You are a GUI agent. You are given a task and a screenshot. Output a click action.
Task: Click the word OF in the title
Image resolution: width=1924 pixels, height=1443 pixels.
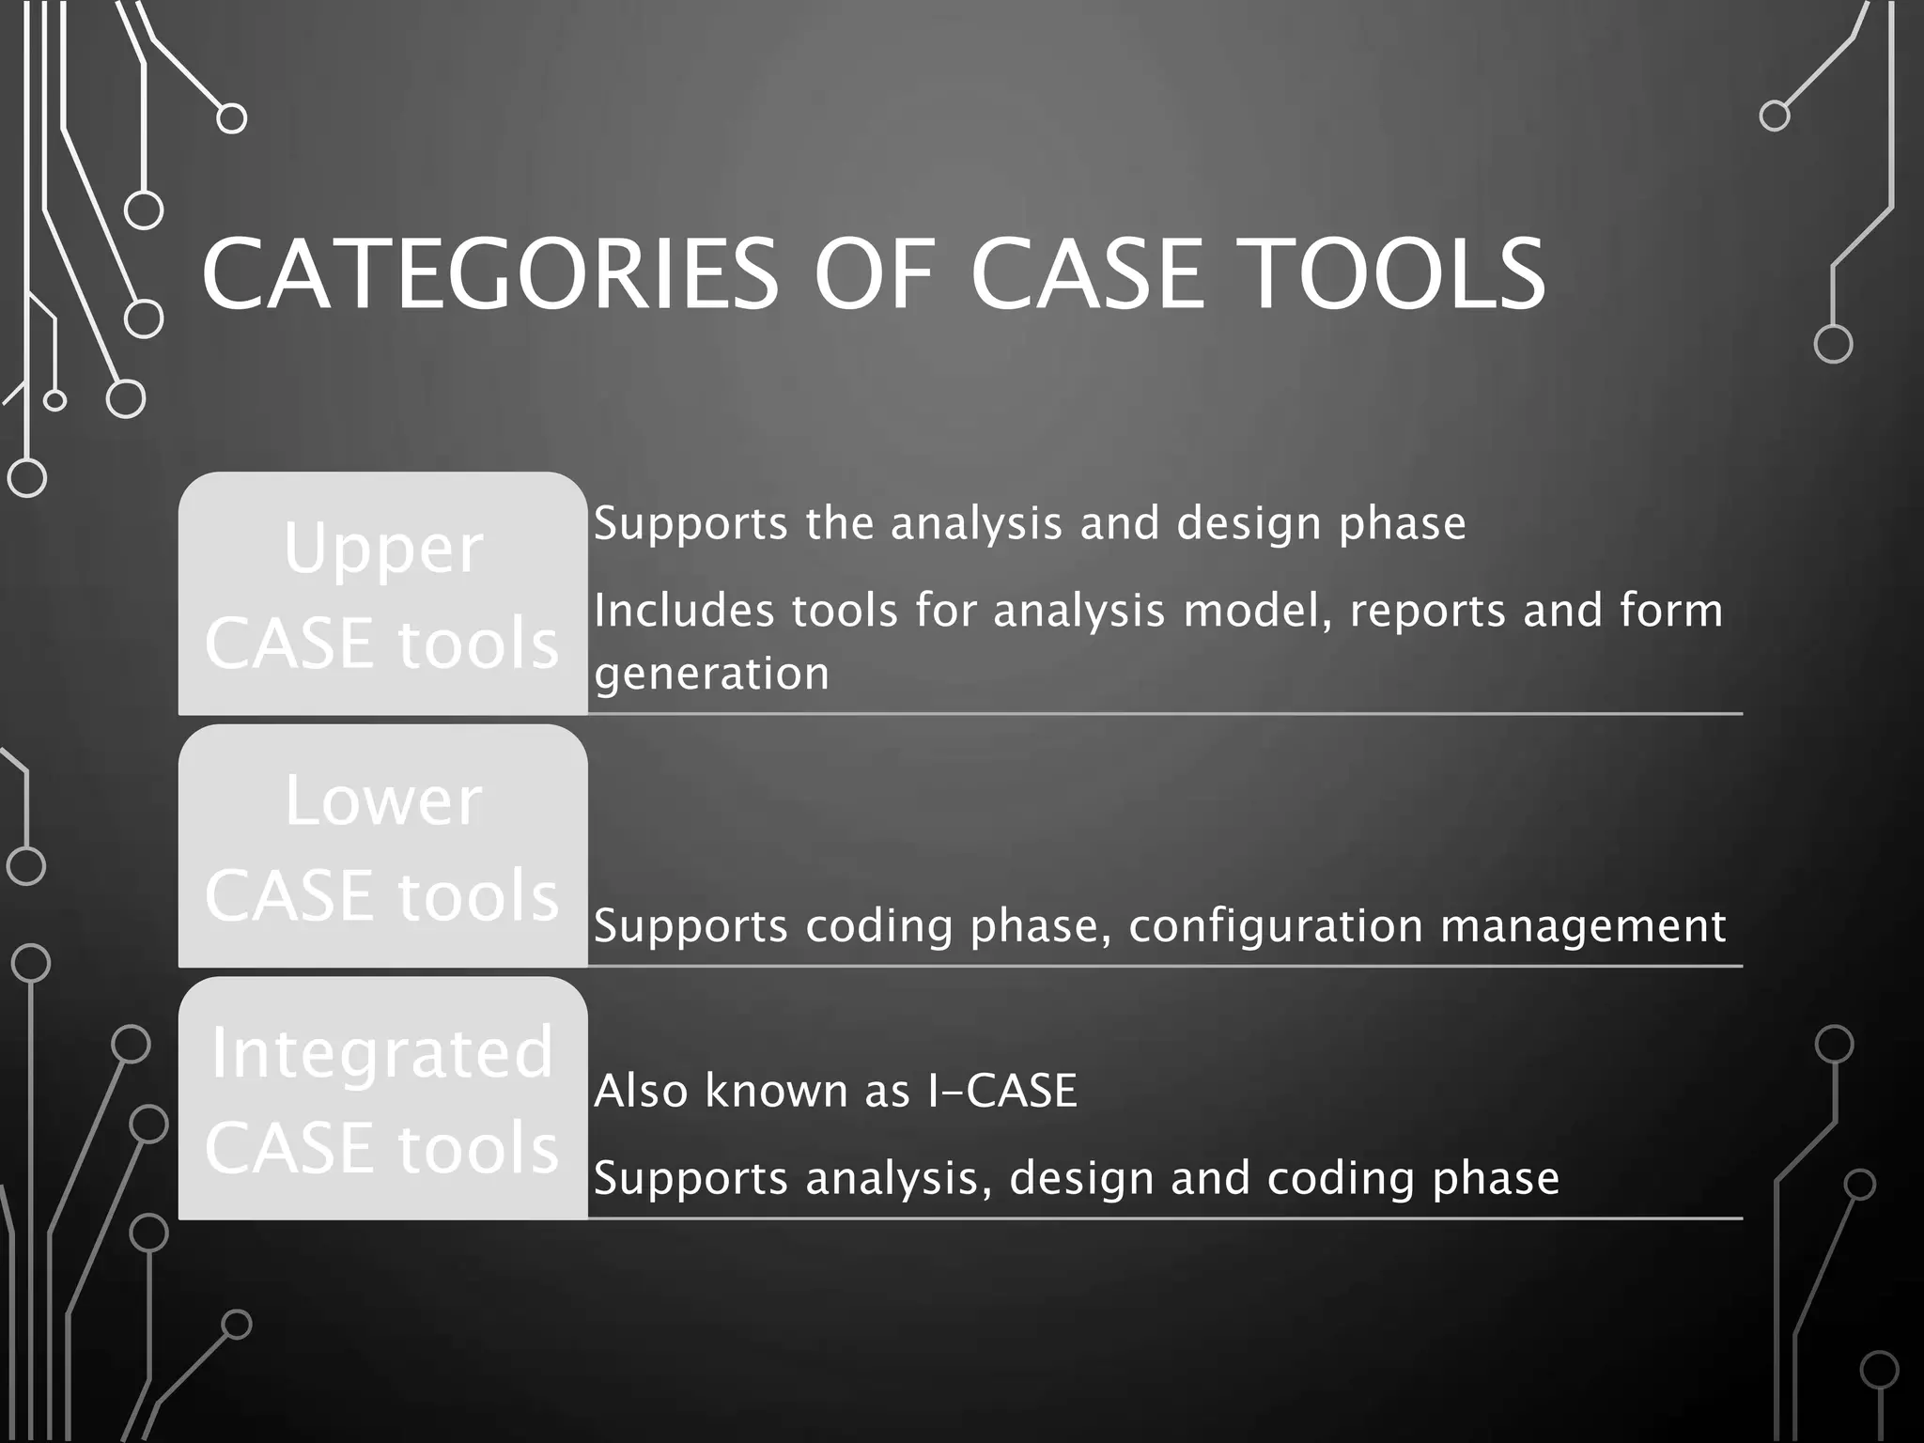(873, 274)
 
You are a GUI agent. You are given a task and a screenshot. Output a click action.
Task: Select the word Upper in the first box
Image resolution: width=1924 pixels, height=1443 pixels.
(383, 551)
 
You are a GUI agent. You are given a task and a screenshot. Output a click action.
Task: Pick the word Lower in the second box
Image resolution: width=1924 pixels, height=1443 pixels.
(383, 801)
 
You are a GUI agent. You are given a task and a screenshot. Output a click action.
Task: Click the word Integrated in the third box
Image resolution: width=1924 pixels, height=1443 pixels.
(382, 1053)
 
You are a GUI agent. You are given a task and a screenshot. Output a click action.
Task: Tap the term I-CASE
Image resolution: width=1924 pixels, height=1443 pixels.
(1001, 1091)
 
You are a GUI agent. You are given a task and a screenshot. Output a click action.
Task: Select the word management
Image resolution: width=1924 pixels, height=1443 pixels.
(1583, 927)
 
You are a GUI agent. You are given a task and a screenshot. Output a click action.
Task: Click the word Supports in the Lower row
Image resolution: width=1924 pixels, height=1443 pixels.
(690, 927)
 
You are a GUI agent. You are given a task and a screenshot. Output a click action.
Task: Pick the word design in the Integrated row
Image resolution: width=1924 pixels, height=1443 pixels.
(1081, 1178)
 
